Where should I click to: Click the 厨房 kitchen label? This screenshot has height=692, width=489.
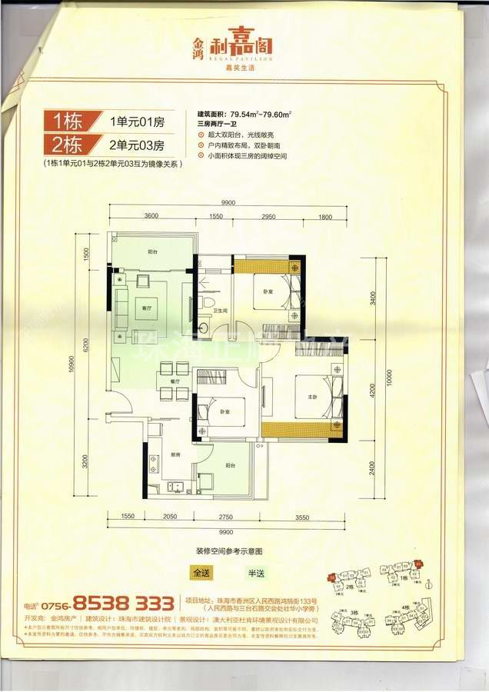(175, 455)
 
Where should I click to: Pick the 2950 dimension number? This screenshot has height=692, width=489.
(268, 218)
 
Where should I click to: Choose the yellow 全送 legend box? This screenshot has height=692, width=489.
(201, 573)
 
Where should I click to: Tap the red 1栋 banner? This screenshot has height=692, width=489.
(74, 121)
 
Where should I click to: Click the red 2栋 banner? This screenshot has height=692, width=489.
(72, 144)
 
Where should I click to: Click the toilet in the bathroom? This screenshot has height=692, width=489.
(208, 304)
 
